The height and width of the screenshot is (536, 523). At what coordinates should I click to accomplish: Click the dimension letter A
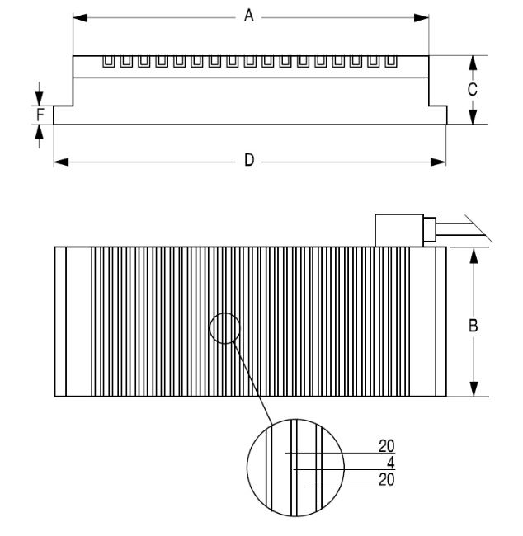tap(249, 16)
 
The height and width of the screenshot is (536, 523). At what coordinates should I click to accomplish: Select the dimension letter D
tap(249, 160)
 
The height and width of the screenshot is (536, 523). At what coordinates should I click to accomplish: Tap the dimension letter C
tap(473, 89)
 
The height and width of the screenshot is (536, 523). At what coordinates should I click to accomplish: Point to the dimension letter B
tap(473, 326)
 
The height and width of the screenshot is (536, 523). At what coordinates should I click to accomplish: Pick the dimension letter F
tap(40, 115)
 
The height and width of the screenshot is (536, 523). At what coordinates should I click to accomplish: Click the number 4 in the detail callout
tap(391, 463)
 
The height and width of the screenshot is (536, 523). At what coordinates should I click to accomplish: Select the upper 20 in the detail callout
tap(387, 446)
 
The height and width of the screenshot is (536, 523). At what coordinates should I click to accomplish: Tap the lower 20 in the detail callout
tap(387, 480)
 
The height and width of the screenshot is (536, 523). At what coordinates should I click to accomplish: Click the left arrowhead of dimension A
tap(80, 18)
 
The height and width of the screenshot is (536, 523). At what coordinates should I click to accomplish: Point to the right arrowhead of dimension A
tap(422, 18)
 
